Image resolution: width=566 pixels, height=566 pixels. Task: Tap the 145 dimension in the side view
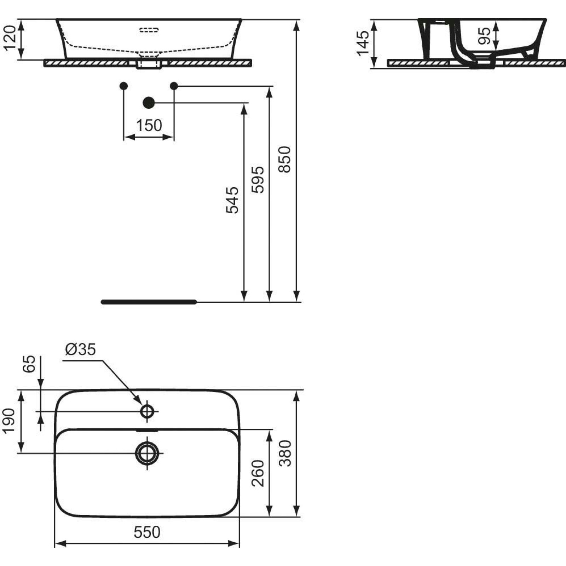[x=363, y=43]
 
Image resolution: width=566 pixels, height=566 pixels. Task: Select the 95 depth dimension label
[x=484, y=36]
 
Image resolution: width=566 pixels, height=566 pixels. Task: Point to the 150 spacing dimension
[x=149, y=125]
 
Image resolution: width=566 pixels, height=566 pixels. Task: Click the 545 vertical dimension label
[x=232, y=200]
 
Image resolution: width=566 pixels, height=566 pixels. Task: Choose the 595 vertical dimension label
[x=258, y=179]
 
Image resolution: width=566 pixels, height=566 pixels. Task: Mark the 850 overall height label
[x=284, y=159]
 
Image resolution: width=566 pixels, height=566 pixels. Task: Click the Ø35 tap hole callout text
[x=81, y=350]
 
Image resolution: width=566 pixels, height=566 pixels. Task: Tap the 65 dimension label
[x=29, y=364]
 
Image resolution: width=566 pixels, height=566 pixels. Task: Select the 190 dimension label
[x=10, y=420]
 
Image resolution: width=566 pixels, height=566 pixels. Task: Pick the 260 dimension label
[x=258, y=473]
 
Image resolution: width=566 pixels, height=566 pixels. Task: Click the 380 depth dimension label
[x=285, y=454]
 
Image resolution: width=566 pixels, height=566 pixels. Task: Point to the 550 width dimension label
[x=147, y=532]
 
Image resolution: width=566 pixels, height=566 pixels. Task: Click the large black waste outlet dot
[x=149, y=103]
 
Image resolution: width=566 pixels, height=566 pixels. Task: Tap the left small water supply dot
[x=124, y=86]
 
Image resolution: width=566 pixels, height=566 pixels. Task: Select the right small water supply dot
[x=174, y=86]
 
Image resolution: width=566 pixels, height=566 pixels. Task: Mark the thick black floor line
[x=149, y=302]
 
